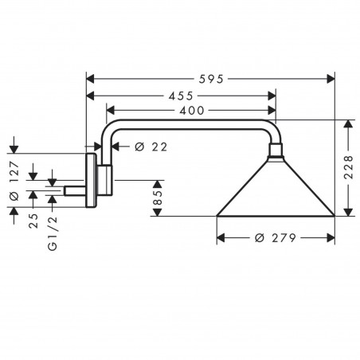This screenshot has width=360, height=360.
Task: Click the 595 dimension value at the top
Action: (210, 79)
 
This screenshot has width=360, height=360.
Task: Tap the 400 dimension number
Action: (191, 110)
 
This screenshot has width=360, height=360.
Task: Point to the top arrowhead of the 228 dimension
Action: (346, 124)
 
